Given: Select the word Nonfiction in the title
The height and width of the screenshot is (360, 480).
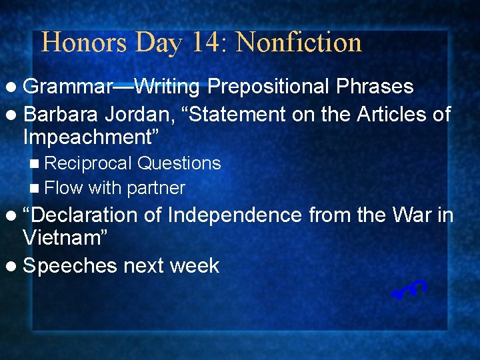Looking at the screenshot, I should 299,43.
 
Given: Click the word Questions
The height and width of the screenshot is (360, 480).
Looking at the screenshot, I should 179,163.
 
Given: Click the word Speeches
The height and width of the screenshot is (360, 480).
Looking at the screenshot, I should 71,265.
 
